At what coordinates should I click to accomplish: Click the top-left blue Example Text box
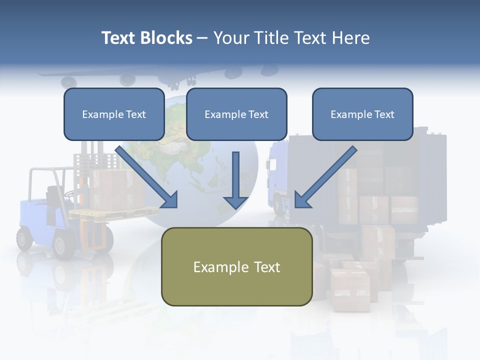click(114, 114)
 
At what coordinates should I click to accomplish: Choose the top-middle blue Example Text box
click(236, 114)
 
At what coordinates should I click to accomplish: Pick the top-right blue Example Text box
click(362, 114)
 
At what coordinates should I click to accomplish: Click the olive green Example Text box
click(236, 266)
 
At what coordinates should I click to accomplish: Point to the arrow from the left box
click(147, 177)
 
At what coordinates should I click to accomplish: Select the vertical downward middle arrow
click(236, 180)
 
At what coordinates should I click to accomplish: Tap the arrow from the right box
click(325, 177)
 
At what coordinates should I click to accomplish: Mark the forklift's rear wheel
click(24, 238)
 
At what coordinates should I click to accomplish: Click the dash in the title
click(202, 38)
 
